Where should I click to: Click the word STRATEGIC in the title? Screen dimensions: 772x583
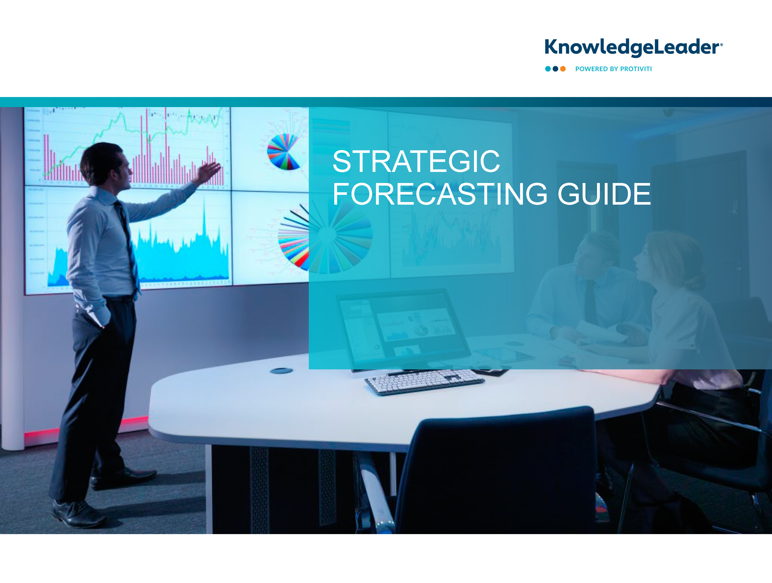pyautogui.click(x=416, y=161)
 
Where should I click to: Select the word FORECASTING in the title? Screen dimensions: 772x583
pyautogui.click(x=440, y=194)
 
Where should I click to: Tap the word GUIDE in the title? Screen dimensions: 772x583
pyautogui.click(x=604, y=194)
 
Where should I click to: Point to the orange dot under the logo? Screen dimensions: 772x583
pyautogui.click(x=563, y=69)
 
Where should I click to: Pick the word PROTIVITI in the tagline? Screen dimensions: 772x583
pyautogui.click(x=636, y=69)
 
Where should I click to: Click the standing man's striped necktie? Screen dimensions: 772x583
pyautogui.click(x=128, y=244)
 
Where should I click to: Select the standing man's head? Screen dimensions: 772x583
pyautogui.click(x=105, y=164)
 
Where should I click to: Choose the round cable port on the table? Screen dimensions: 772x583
pyautogui.click(x=281, y=370)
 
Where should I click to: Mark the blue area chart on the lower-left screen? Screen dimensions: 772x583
pyautogui.click(x=139, y=251)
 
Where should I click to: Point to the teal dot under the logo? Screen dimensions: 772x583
pyautogui.click(x=548, y=69)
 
